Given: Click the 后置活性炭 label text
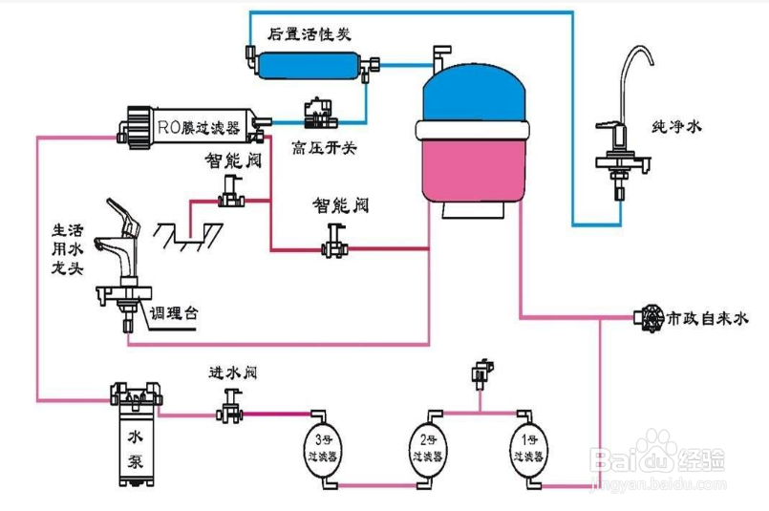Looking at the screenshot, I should coord(310,33).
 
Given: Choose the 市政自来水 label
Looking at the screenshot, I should coord(706,315).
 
